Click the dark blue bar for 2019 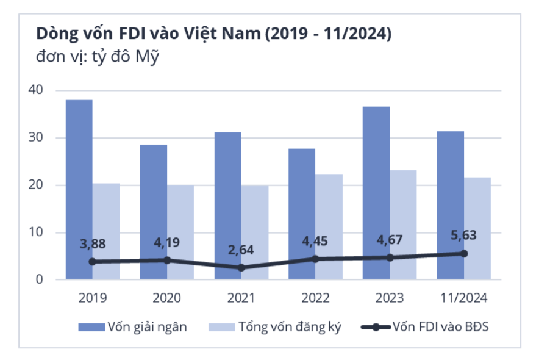click(79, 189)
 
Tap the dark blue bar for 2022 click(302, 214)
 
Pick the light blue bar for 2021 click(255, 232)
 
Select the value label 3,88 click(93, 243)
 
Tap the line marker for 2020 click(167, 260)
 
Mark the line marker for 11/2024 click(464, 253)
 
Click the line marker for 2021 click(241, 267)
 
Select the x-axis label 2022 click(315, 298)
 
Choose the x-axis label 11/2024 click(463, 298)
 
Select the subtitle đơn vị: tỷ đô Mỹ click(98, 59)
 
